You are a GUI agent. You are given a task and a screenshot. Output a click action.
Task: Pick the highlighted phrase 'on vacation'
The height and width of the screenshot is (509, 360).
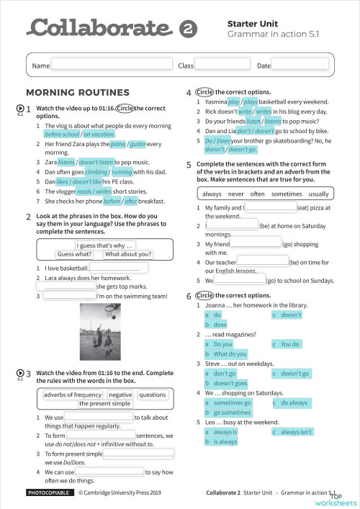pyautogui.click(x=99, y=134)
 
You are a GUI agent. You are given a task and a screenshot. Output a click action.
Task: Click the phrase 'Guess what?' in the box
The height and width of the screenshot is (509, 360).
pyautogui.click(x=74, y=254)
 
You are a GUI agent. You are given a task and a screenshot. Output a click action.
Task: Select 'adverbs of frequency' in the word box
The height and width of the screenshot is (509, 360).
pyautogui.click(x=73, y=395)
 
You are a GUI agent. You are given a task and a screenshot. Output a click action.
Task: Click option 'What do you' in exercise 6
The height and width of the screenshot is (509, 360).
pyautogui.click(x=230, y=354)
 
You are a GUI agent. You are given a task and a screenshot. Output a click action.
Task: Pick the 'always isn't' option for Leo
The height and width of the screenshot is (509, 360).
pyautogui.click(x=296, y=432)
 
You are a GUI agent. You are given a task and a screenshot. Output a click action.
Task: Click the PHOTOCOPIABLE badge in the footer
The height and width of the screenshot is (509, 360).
pyautogui.click(x=48, y=493)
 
